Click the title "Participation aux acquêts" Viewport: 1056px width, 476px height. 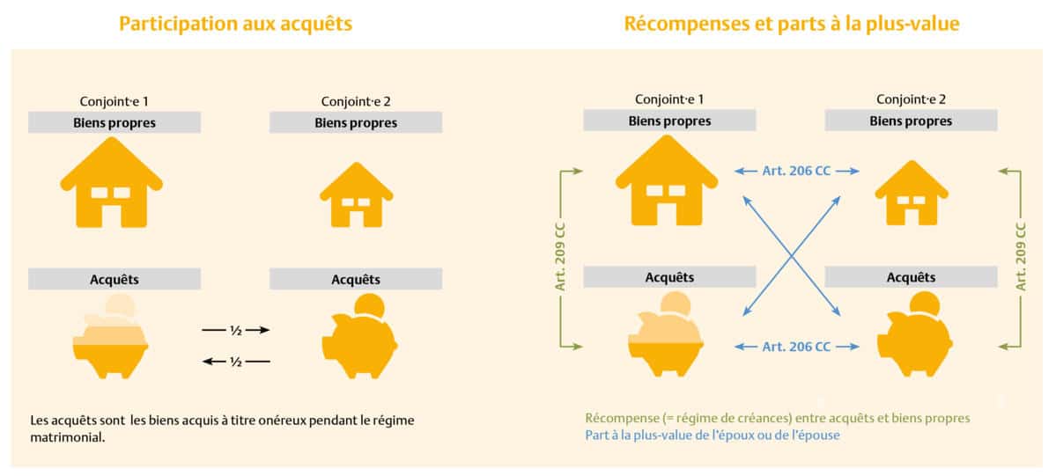(x=235, y=24)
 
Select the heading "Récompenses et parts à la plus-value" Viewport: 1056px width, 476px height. (x=792, y=24)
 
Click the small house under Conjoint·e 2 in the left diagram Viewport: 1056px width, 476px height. (x=356, y=195)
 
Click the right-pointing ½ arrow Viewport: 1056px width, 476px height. (x=235, y=330)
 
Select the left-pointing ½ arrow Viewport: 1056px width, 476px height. (x=235, y=361)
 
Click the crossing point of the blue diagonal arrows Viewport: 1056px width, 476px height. (x=790, y=256)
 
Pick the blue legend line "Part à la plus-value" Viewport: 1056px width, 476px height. (x=712, y=436)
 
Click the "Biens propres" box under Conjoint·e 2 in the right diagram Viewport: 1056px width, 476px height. (x=911, y=121)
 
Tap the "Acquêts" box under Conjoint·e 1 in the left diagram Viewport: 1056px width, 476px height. (x=114, y=279)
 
